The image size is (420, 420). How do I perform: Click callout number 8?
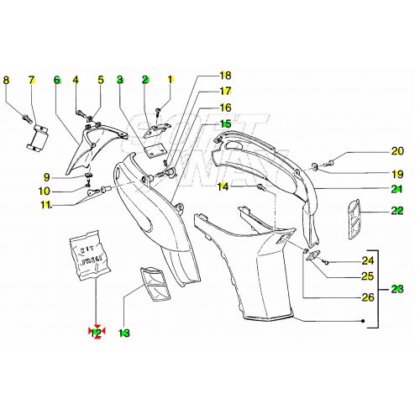[6, 81]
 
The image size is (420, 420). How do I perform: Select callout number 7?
[31, 81]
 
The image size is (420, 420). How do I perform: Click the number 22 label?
[397, 211]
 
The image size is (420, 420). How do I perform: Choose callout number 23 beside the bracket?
[397, 288]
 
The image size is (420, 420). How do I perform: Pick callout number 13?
[124, 333]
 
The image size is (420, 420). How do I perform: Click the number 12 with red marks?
[97, 333]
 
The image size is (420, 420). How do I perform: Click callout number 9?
[47, 176]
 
